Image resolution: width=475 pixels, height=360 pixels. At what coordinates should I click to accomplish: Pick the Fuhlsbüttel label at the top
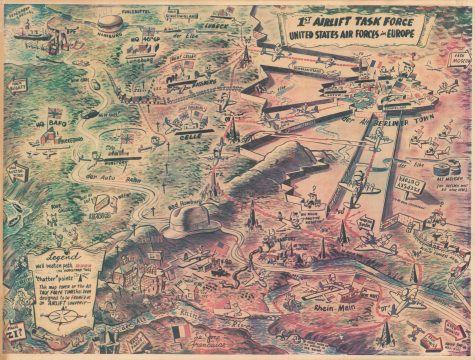click(137, 11)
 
